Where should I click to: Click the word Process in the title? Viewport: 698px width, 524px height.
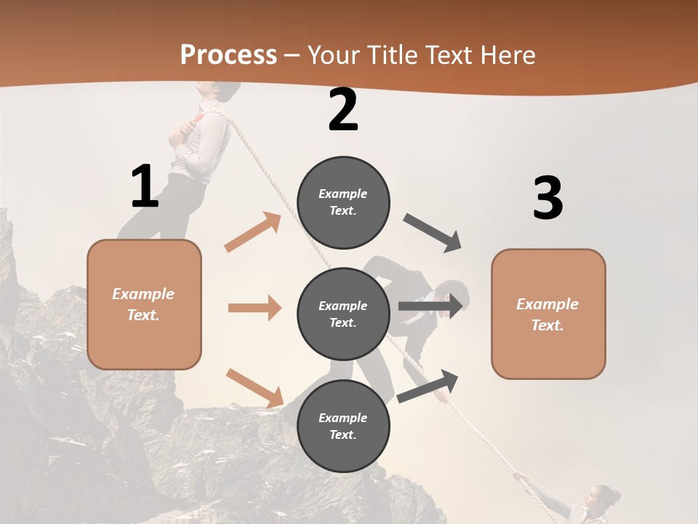click(x=228, y=55)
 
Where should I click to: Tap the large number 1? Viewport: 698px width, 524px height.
click(x=145, y=186)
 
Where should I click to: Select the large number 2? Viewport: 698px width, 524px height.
click(x=343, y=110)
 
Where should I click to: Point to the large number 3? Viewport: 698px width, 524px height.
click(x=547, y=198)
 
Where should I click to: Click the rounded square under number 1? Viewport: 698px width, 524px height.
click(x=144, y=304)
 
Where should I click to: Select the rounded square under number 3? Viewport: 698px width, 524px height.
click(x=548, y=314)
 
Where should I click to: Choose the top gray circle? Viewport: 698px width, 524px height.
click(x=343, y=202)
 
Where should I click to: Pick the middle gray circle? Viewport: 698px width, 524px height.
click(x=343, y=314)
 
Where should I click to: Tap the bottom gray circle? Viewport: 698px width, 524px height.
click(x=343, y=426)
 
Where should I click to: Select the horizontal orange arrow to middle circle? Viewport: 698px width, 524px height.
click(x=254, y=308)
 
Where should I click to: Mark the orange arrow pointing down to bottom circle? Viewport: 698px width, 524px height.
click(x=254, y=387)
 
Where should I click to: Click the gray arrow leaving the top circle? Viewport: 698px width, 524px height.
click(x=433, y=233)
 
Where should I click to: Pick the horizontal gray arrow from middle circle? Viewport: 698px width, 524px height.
click(x=430, y=306)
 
